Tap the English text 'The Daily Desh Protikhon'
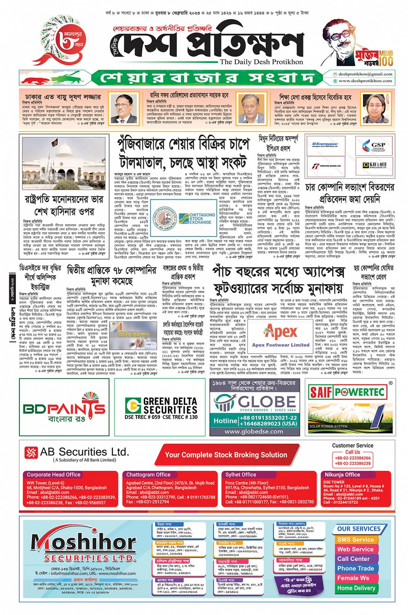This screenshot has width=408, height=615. click(x=261, y=62)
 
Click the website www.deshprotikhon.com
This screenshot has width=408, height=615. click(x=365, y=81)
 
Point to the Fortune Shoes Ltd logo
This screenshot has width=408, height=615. click(x=327, y=166)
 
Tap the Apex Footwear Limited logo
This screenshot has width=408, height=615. click(x=281, y=335)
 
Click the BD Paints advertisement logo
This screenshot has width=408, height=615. click(x=64, y=408)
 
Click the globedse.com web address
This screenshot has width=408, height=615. click(x=254, y=431)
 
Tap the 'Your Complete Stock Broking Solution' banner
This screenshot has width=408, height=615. click(x=226, y=455)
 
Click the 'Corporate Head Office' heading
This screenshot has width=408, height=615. click(x=54, y=474)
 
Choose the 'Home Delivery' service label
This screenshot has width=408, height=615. click(x=356, y=588)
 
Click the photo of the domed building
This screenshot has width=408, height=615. click(x=64, y=163)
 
